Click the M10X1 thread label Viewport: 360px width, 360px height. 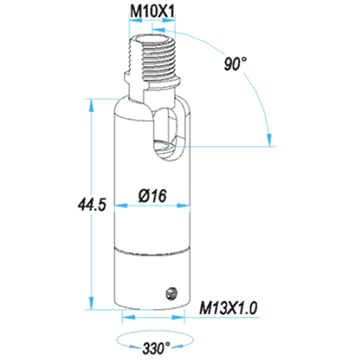click(152, 11)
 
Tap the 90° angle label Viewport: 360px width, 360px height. click(235, 64)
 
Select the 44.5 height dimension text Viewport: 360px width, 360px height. click(91, 205)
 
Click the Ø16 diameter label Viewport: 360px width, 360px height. click(152, 195)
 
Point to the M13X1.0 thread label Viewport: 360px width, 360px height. click(228, 308)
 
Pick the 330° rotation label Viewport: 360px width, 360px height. click(156, 348)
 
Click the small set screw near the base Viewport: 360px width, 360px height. click(172, 293)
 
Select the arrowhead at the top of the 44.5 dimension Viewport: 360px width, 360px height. click(91, 105)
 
